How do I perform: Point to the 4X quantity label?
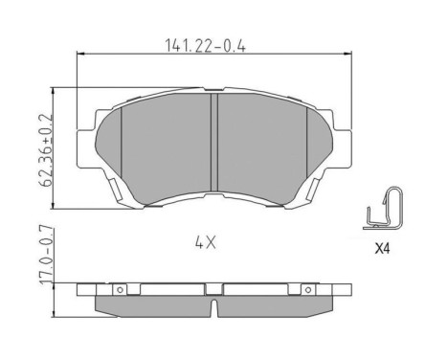coord(206,242)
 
